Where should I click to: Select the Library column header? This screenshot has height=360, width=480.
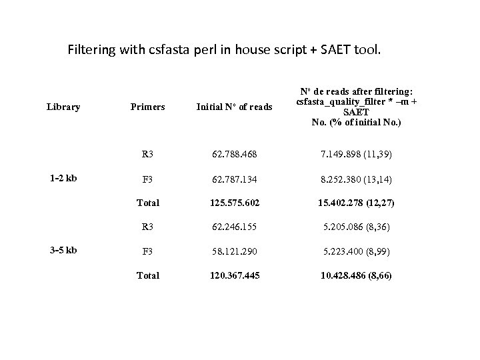[x=64, y=107]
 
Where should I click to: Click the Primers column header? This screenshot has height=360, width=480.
[x=147, y=107]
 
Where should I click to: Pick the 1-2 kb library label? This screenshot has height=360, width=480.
[x=63, y=178]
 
